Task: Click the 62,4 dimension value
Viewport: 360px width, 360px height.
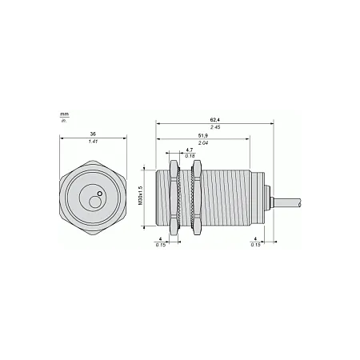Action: pyautogui.click(x=215, y=120)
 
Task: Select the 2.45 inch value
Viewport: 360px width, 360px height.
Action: pyautogui.click(x=215, y=127)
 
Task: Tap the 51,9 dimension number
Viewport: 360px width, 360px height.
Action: pyautogui.click(x=203, y=136)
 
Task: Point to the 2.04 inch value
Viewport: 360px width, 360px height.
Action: pyautogui.click(x=203, y=143)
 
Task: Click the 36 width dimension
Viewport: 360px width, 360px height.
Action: pyautogui.click(x=93, y=134)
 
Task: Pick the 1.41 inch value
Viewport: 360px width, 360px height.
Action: pyautogui.click(x=93, y=142)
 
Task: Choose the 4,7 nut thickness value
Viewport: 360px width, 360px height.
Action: pyautogui.click(x=190, y=150)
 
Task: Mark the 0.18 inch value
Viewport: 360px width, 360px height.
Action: pyautogui.click(x=190, y=156)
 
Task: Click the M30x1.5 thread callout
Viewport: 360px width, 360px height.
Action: pyautogui.click(x=141, y=195)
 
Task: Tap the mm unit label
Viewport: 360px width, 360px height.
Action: pyautogui.click(x=64, y=114)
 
